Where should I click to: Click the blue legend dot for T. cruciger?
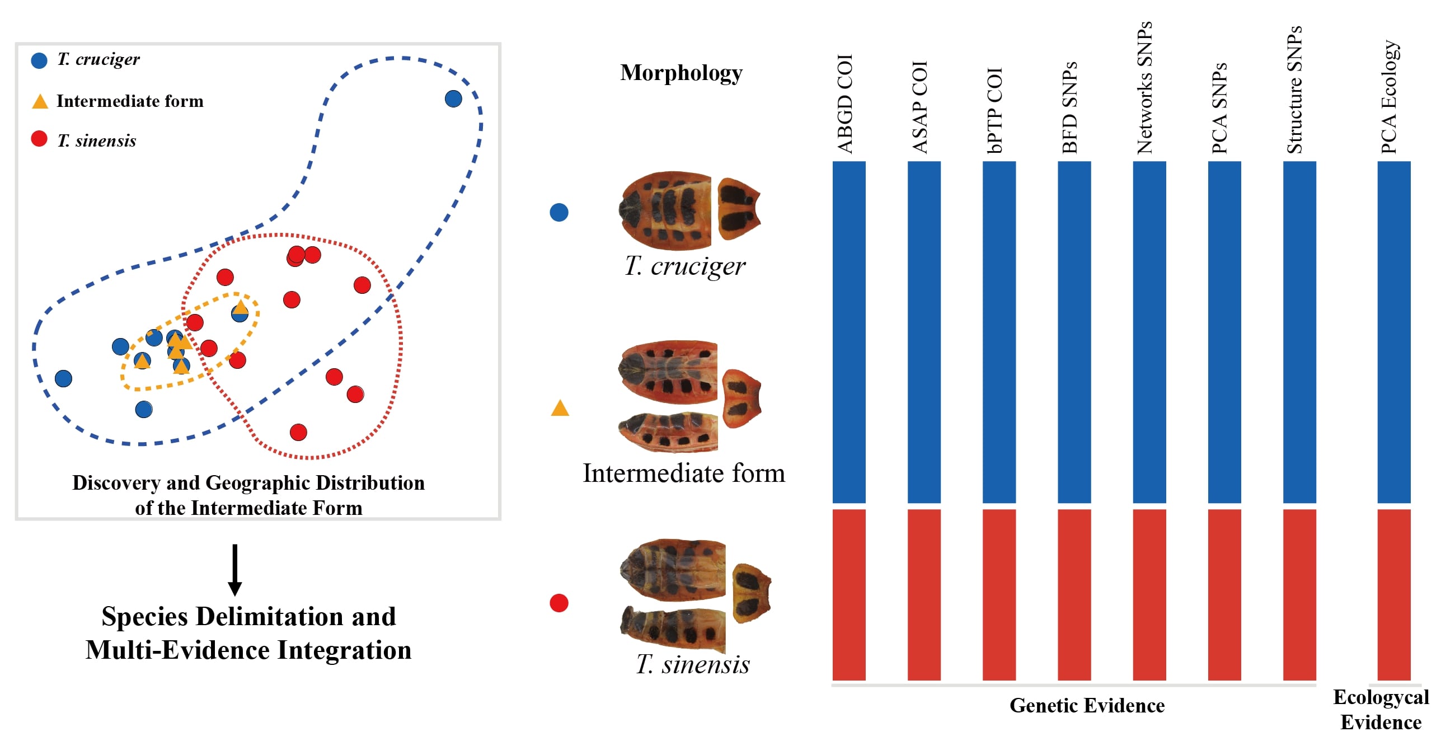pyautogui.click(x=39, y=60)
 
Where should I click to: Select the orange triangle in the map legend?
pyautogui.click(x=40, y=102)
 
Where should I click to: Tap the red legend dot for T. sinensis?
pyautogui.click(x=39, y=139)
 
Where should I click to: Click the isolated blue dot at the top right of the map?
pyautogui.click(x=453, y=99)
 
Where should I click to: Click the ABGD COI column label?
pyautogui.click(x=845, y=104)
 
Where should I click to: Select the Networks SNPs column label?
pyautogui.click(x=1145, y=88)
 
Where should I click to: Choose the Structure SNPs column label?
pyautogui.click(x=1294, y=90)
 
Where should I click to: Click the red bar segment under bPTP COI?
pyautogui.click(x=998, y=594)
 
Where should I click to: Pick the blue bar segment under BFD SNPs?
pyautogui.click(x=1074, y=331)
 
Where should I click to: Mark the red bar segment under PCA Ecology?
pyautogui.click(x=1393, y=594)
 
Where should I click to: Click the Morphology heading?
pyautogui.click(x=681, y=73)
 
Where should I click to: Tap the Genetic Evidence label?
pyautogui.click(x=1087, y=705)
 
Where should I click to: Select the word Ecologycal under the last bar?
pyautogui.click(x=1381, y=697)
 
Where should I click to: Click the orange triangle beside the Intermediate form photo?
pyautogui.click(x=560, y=409)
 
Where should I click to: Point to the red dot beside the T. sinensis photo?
pyautogui.click(x=558, y=603)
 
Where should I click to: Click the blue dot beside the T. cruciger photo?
pyautogui.click(x=558, y=212)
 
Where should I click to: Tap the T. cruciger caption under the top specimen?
pyautogui.click(x=684, y=265)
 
